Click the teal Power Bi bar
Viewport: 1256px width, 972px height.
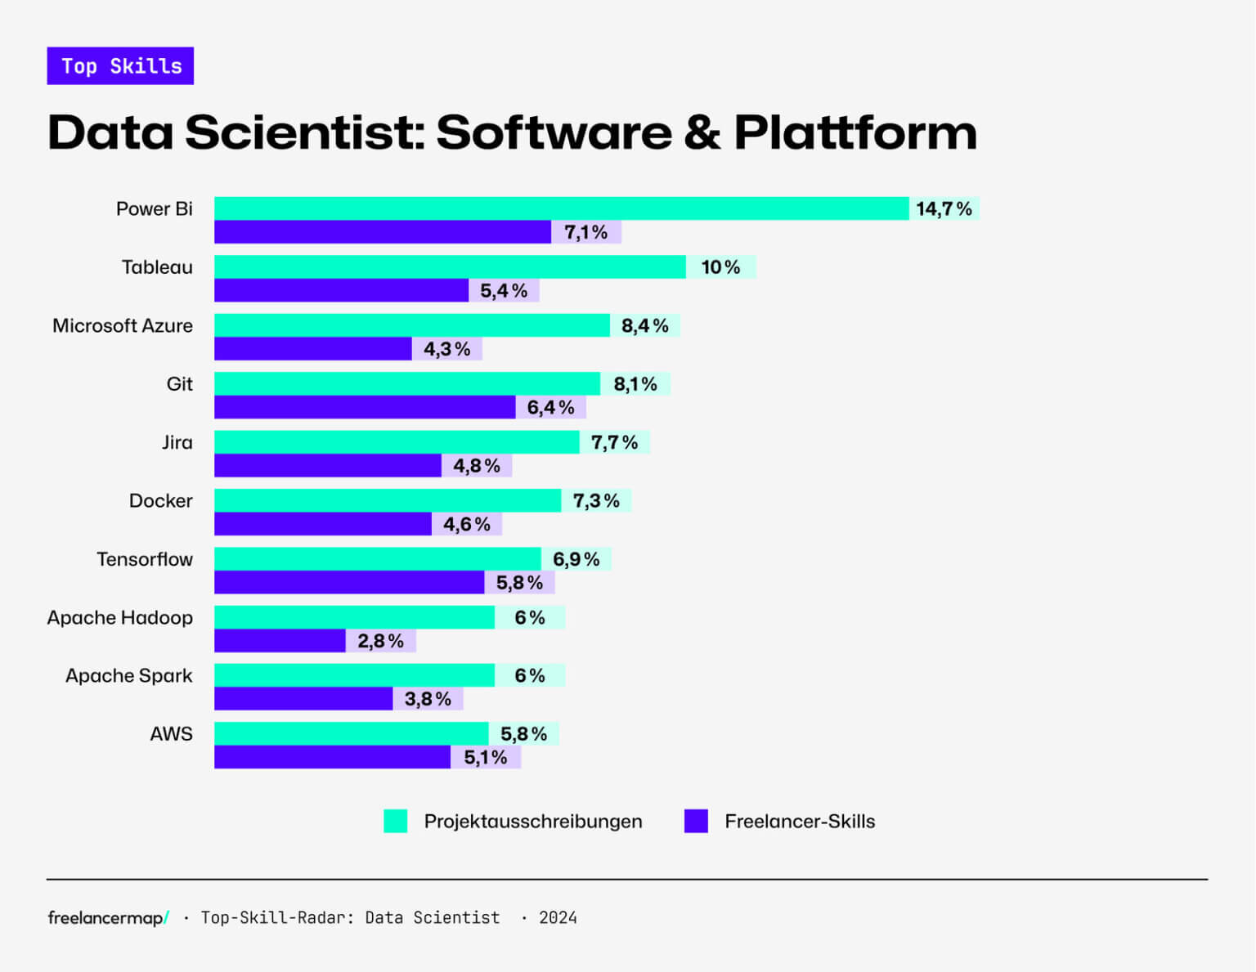point(561,208)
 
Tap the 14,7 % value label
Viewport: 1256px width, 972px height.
point(944,208)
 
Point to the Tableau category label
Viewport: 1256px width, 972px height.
point(157,267)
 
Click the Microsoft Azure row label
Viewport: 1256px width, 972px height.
point(123,325)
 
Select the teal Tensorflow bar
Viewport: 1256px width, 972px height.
point(377,559)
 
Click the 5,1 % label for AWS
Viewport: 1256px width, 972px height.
point(486,757)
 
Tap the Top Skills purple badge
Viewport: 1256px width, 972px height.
point(120,66)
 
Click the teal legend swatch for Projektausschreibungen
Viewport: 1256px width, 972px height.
point(395,821)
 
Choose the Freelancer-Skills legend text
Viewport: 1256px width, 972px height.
point(799,821)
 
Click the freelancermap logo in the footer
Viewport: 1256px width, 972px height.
point(108,917)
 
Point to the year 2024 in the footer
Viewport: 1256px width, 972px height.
point(558,917)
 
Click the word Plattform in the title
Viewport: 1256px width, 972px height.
point(855,132)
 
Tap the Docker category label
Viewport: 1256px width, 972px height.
point(160,500)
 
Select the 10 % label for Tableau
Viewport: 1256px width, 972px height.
point(720,267)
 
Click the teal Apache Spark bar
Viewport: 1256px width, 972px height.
point(354,675)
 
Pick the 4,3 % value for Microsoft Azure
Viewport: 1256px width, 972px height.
point(446,349)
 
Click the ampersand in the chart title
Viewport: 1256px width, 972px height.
point(702,132)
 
